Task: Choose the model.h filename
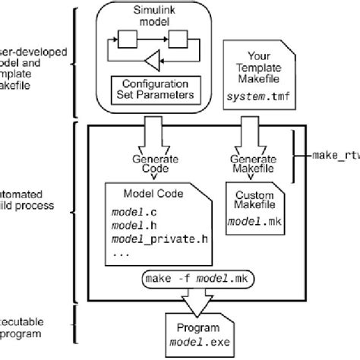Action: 131,224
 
